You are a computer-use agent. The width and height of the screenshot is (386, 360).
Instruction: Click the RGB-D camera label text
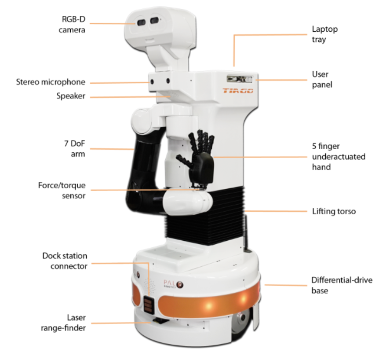click(x=72, y=24)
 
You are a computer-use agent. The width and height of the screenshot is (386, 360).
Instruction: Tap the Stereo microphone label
click(x=51, y=82)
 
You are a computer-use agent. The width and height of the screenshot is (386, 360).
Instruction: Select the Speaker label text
click(x=71, y=96)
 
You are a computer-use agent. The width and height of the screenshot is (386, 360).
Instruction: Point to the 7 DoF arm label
click(x=75, y=148)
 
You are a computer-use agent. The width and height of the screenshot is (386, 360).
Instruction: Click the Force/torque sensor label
click(x=62, y=190)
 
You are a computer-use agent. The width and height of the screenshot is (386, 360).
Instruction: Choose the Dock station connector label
click(x=65, y=261)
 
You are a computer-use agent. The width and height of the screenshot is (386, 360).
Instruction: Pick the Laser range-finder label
click(x=63, y=323)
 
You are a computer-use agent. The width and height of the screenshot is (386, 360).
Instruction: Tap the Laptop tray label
click(x=325, y=34)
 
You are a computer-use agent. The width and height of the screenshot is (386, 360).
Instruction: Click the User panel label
click(x=322, y=79)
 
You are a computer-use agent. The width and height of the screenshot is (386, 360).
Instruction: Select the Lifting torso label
click(x=334, y=211)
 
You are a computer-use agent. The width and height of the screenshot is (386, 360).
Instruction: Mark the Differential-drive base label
click(x=342, y=285)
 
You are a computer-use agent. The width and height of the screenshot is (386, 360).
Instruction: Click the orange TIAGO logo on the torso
click(x=238, y=91)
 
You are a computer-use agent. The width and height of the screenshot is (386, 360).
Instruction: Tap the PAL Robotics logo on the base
click(x=173, y=284)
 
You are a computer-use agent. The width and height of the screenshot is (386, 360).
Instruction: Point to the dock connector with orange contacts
click(x=149, y=305)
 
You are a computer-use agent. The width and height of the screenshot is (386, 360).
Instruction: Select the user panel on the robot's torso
click(x=240, y=79)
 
